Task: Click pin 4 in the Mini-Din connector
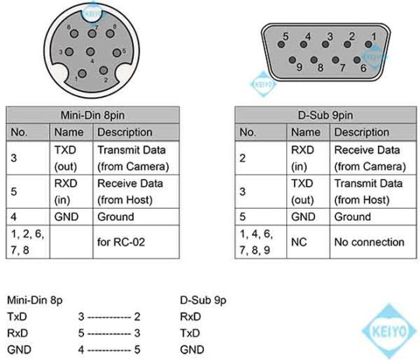(x=91, y=52)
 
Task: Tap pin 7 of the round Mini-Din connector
(x=92, y=34)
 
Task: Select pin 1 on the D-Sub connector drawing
(x=369, y=44)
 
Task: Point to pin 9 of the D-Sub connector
(x=292, y=60)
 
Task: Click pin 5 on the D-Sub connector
(x=281, y=44)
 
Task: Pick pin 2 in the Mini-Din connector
(x=104, y=70)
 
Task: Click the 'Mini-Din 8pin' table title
(x=93, y=115)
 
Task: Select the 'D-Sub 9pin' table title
(x=325, y=115)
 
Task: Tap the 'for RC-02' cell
(x=121, y=242)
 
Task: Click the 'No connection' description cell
(x=369, y=242)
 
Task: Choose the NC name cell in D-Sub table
(x=299, y=242)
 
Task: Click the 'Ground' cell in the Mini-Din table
(x=115, y=217)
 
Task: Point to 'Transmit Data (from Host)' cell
(x=369, y=192)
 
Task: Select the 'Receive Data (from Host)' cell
(x=130, y=192)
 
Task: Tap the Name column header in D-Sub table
(x=306, y=132)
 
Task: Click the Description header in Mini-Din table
(x=125, y=132)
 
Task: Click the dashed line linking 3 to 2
(x=109, y=318)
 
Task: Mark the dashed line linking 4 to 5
(x=109, y=350)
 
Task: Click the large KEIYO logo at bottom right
(x=389, y=331)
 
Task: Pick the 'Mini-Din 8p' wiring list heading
(x=35, y=300)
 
